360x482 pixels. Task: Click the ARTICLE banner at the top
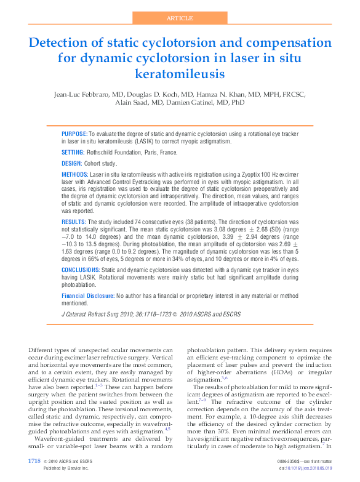180,18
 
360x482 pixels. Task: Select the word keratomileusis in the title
180,74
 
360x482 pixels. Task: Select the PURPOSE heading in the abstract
74,134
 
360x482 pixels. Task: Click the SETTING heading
73,152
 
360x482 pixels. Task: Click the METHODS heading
75,175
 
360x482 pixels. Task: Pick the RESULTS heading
74,221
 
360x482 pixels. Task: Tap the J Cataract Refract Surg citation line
151,315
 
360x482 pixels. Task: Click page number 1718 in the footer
34,461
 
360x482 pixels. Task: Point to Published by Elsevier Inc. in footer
66,468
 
